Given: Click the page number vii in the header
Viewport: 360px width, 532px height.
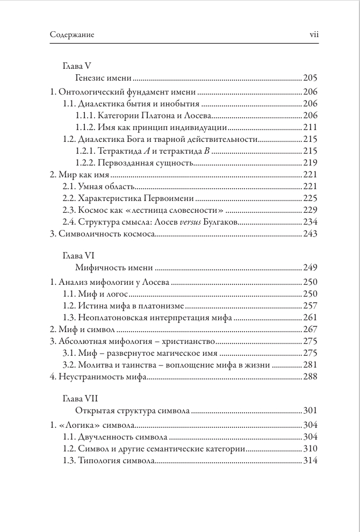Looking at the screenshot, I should (315, 35).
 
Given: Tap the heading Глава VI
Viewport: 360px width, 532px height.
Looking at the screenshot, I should (80, 255).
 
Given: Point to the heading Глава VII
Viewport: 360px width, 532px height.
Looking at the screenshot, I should (81, 399).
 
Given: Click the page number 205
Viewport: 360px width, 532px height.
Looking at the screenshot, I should (311, 77).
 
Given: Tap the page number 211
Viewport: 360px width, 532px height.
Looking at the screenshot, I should (311, 128).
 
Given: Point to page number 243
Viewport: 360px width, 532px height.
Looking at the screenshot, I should (311, 234).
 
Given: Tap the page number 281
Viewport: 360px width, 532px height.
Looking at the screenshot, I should (311, 365).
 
